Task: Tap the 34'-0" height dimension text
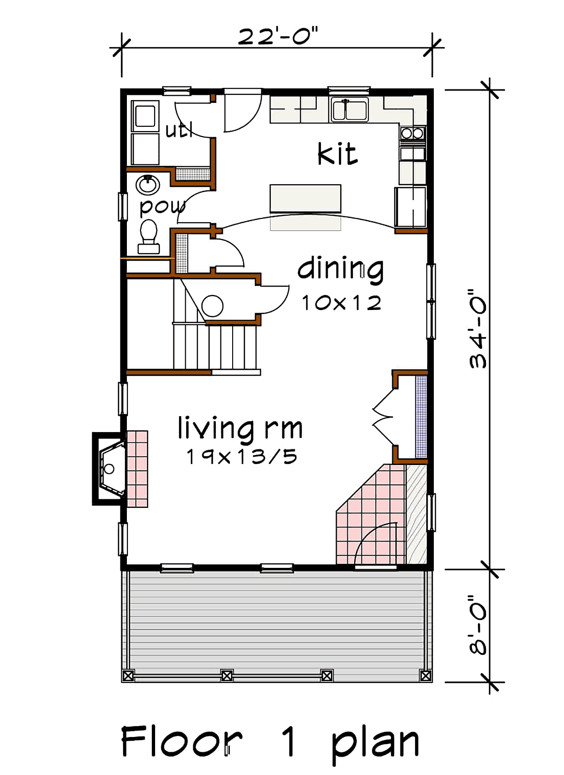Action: (x=478, y=329)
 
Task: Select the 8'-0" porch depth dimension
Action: (x=478, y=625)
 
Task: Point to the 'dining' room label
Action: (x=341, y=269)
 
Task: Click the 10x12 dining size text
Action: (x=341, y=303)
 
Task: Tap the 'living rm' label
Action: (x=240, y=428)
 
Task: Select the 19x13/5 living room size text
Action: (x=242, y=457)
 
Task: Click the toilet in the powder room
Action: (x=149, y=235)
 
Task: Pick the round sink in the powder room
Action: (x=148, y=185)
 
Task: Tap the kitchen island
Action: (x=305, y=199)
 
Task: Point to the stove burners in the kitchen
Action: (x=412, y=133)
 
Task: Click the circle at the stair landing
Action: (x=212, y=306)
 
